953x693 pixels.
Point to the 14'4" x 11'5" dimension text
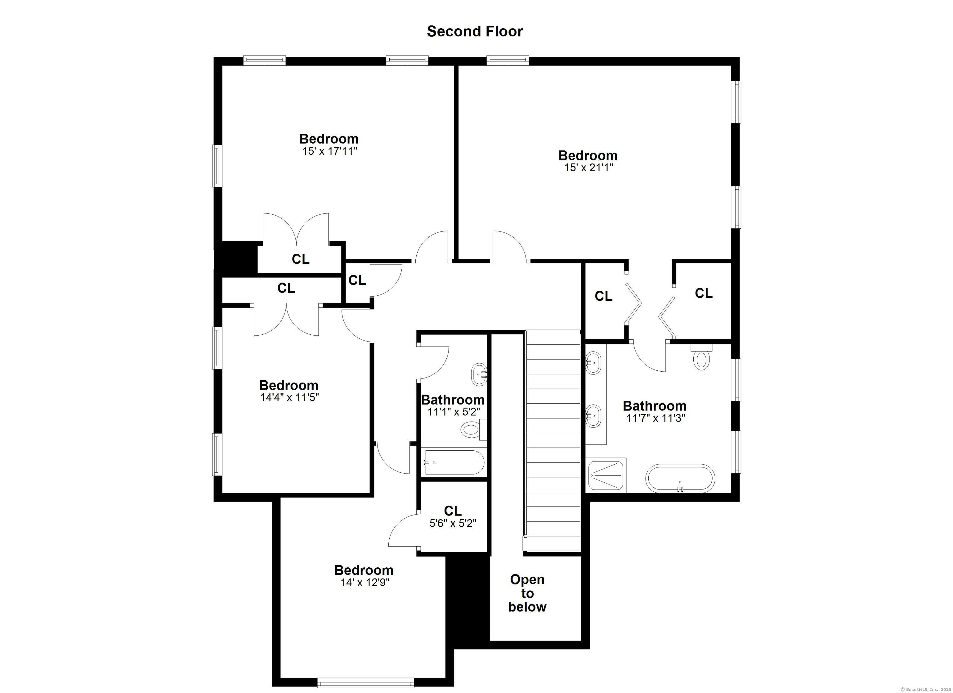(x=289, y=398)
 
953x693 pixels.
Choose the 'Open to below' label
(x=527, y=593)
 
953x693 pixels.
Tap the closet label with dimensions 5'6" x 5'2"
(x=453, y=517)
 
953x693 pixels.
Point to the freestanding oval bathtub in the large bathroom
(x=680, y=478)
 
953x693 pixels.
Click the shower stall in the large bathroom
(x=607, y=475)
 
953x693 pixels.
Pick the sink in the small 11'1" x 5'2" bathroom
(x=480, y=374)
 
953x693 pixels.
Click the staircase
(x=552, y=440)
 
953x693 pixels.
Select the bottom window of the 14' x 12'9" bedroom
(x=365, y=682)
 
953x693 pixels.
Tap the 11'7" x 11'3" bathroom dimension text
(x=655, y=418)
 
